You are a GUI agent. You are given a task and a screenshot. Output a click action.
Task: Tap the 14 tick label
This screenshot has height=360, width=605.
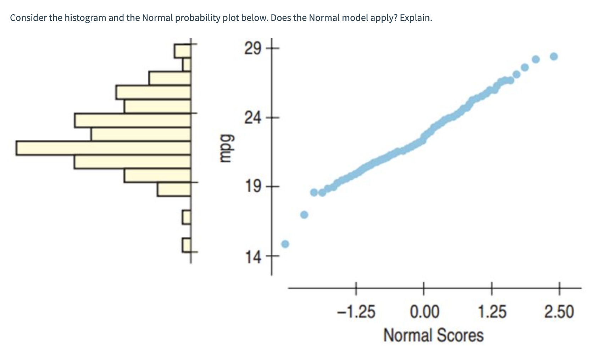pos(253,256)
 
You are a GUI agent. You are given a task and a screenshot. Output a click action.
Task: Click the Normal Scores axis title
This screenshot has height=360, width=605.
pos(433,335)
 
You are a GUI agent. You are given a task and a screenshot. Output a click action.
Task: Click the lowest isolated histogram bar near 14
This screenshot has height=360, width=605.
pos(187,244)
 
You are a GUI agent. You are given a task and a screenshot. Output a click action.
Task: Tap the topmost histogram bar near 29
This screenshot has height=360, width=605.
pos(183,51)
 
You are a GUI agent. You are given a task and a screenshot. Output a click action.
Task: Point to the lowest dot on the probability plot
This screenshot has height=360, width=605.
pos(285,244)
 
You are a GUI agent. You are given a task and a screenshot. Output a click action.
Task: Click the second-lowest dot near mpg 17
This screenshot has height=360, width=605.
pos(304,215)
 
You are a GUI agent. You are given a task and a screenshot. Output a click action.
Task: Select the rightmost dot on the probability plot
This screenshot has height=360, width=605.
pos(554,56)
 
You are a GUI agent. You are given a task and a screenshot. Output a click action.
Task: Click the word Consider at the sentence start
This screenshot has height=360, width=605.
pos(28,18)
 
